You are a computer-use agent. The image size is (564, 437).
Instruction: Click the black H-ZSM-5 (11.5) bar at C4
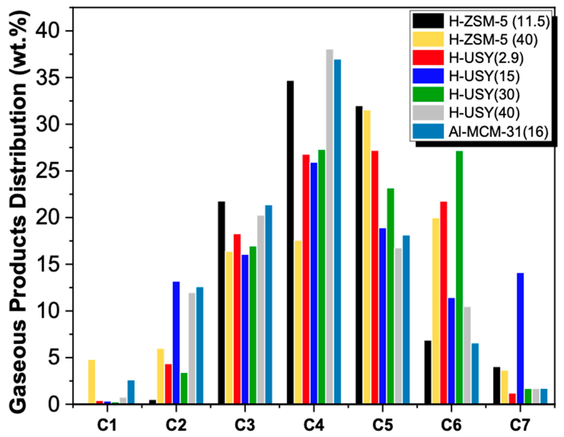[290, 243]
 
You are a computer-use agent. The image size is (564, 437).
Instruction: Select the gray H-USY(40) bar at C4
[329, 227]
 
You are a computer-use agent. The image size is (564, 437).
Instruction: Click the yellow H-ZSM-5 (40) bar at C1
[92, 382]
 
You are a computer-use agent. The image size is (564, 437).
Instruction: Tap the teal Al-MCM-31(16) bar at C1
[131, 392]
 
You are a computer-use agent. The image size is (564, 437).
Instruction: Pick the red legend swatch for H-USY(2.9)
[428, 58]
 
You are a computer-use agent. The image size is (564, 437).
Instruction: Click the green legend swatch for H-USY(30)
[428, 94]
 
